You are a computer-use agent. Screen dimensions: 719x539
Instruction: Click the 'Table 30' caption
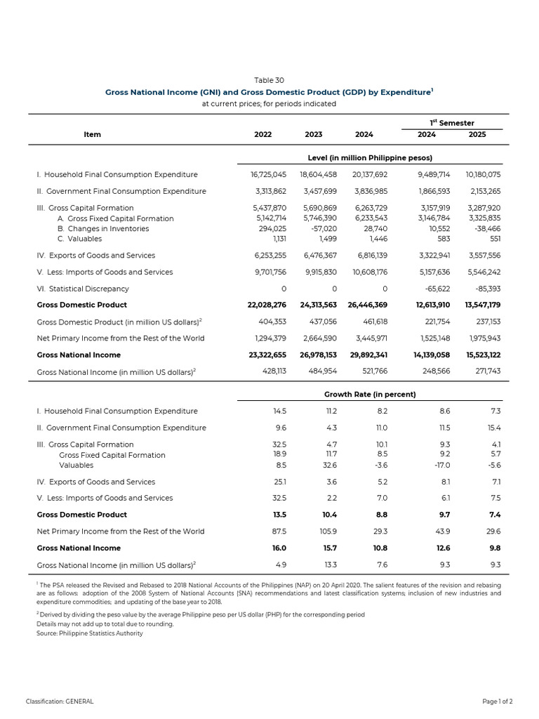pos(269,80)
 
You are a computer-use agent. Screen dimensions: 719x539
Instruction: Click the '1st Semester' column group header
pos(452,123)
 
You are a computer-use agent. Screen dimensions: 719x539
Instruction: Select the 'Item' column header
pos(92,135)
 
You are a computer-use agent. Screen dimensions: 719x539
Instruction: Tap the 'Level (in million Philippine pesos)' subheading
pos(370,157)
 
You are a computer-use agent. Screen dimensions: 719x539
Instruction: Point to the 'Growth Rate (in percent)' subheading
pos(370,395)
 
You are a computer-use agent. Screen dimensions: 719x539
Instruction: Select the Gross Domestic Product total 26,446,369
pos(368,305)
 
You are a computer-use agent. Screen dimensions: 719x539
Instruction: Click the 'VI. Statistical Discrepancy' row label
pos(83,289)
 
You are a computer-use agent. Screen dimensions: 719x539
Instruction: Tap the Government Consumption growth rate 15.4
pos(494,428)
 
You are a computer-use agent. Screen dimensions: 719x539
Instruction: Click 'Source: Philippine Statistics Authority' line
pos(90,633)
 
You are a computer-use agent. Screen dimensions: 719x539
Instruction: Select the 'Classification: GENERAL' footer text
pos(60,701)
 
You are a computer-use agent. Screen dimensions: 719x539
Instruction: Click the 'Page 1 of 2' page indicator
pos(497,701)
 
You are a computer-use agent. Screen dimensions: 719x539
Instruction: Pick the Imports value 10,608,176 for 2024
pos(368,272)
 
